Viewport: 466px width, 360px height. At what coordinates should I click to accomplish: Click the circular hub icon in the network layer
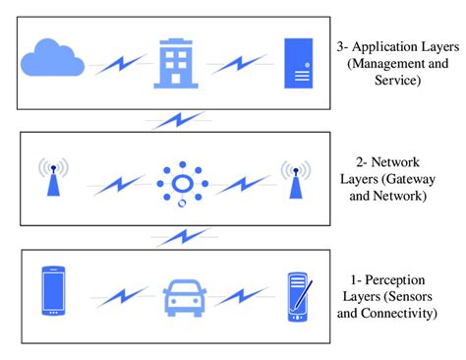click(182, 183)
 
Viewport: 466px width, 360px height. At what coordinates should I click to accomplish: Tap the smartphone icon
click(54, 292)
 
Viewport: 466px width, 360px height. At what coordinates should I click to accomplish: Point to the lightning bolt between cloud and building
click(122, 65)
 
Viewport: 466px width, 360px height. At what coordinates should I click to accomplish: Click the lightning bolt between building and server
click(239, 65)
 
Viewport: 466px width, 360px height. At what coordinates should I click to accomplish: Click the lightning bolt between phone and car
click(122, 295)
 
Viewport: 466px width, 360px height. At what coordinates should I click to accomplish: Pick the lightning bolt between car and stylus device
click(240, 295)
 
